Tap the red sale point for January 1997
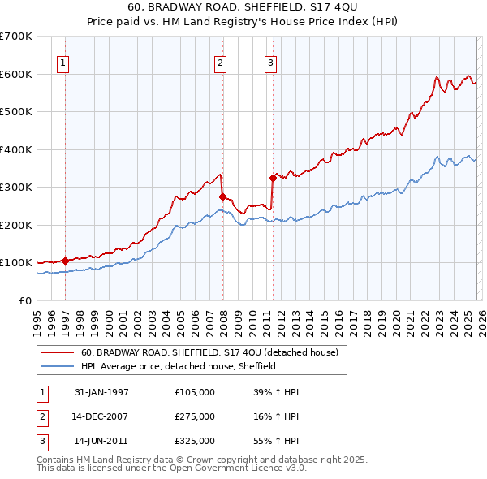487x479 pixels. click(x=65, y=261)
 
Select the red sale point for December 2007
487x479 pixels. click(x=222, y=196)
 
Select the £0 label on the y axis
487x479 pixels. click(x=24, y=300)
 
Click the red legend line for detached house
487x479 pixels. click(x=58, y=352)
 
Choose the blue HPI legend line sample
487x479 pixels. click(x=58, y=366)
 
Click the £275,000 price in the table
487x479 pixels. click(x=195, y=416)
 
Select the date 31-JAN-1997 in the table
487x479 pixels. click(x=101, y=392)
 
